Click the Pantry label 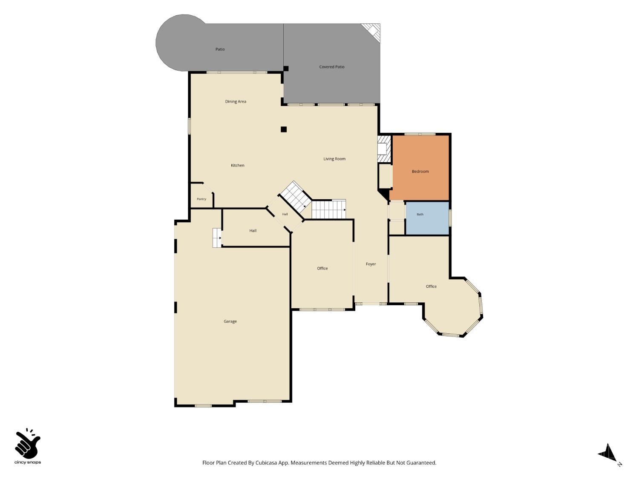pos(201,199)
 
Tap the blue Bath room pos(427,218)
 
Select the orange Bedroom pos(420,168)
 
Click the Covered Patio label pos(331,67)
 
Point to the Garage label pos(230,321)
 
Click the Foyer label pos(371,264)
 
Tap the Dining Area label pos(236,101)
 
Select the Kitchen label pos(238,165)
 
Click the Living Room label pos(334,159)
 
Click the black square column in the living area pos(284,129)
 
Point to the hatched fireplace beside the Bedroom pos(384,149)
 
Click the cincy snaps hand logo pos(28,444)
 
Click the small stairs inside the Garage pos(217,238)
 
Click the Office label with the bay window pos(431,287)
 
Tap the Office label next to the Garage pos(322,268)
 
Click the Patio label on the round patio pos(220,49)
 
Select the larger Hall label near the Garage pos(253,231)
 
